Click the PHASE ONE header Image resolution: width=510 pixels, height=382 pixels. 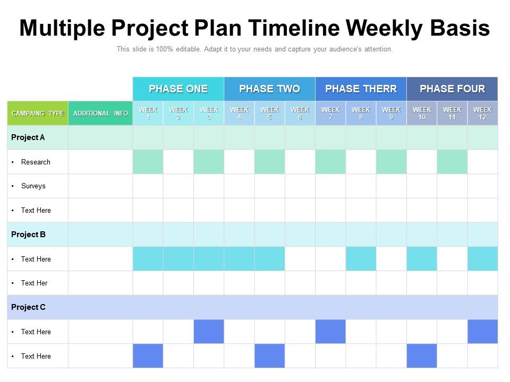pos(178,89)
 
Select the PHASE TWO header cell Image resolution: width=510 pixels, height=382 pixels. pos(269,89)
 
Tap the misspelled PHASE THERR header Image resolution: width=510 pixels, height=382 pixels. pos(361,89)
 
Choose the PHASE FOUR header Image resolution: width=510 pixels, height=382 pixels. pos(452,89)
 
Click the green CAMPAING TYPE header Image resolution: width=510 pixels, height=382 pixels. pos(38,113)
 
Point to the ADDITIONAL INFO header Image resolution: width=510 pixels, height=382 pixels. pos(100,113)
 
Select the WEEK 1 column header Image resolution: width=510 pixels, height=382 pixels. pos(148,113)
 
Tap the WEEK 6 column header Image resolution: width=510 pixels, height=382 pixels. pos(300,113)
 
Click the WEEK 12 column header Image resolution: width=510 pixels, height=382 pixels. pos(482,113)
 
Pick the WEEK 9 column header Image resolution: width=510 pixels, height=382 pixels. pos(391,113)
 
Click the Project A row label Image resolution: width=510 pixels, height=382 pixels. pos(28,137)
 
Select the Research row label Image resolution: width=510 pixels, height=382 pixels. pos(36,162)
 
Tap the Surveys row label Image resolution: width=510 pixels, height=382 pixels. pos(33,186)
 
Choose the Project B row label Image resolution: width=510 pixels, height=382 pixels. pos(28,235)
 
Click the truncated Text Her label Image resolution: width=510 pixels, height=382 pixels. pos(34,283)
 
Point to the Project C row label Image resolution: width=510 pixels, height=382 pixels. pos(28,307)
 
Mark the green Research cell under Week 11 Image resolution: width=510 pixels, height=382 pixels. pos(452,162)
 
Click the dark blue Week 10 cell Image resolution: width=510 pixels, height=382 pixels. pos(422,356)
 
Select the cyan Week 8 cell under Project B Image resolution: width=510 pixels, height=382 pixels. pos(361,259)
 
